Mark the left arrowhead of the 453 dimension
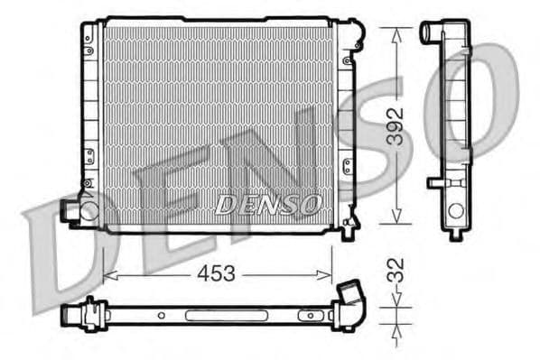(109, 273)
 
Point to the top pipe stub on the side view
(431, 33)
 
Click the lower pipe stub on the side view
(437, 184)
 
